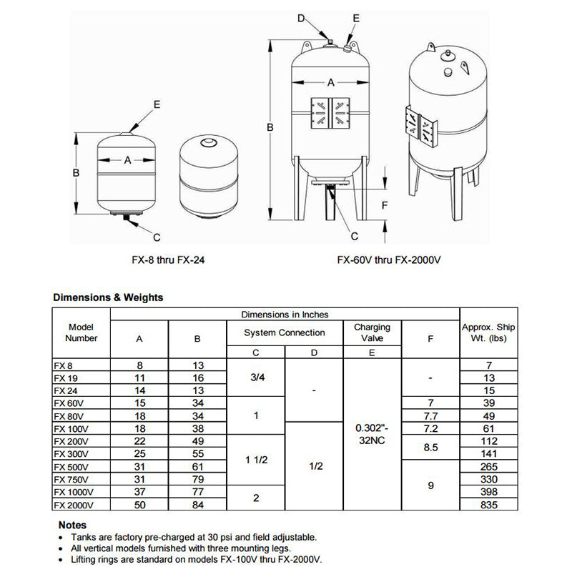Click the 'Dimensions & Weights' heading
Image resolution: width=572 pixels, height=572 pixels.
(108, 297)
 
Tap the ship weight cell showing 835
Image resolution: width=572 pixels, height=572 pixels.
(489, 506)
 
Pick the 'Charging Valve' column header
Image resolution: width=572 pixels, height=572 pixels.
(372, 332)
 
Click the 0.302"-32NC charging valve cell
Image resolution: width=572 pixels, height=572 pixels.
(372, 435)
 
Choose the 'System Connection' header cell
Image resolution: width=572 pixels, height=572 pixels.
(285, 332)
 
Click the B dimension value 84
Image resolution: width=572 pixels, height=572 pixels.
(198, 506)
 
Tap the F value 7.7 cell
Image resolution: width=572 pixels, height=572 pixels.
(430, 415)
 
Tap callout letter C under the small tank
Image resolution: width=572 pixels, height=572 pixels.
(157, 237)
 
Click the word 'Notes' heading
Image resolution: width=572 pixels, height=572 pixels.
(72, 525)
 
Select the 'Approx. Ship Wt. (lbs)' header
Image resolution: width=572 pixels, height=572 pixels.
(489, 332)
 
